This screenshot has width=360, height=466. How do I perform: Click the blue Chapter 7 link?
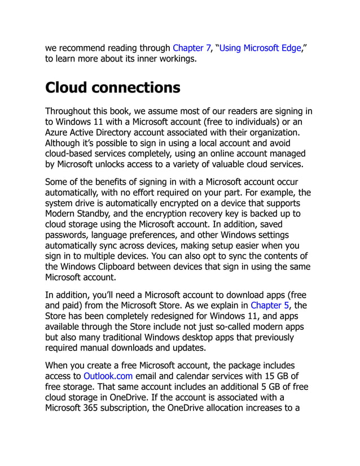pyautogui.click(x=191, y=48)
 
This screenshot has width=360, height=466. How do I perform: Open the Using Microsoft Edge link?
pyautogui.click(x=260, y=48)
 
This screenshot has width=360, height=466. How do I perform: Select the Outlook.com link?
pyautogui.click(x=108, y=376)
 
